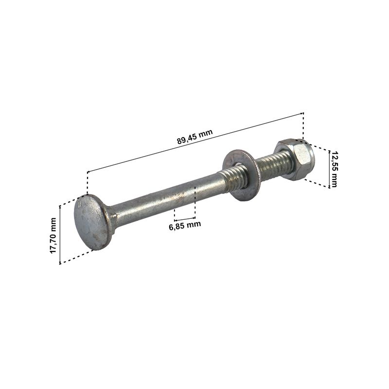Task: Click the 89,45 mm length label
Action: (195, 137)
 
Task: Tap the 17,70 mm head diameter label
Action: (53, 235)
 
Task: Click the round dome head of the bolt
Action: (91, 222)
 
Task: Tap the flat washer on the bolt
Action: (239, 175)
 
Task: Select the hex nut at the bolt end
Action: (295, 159)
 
